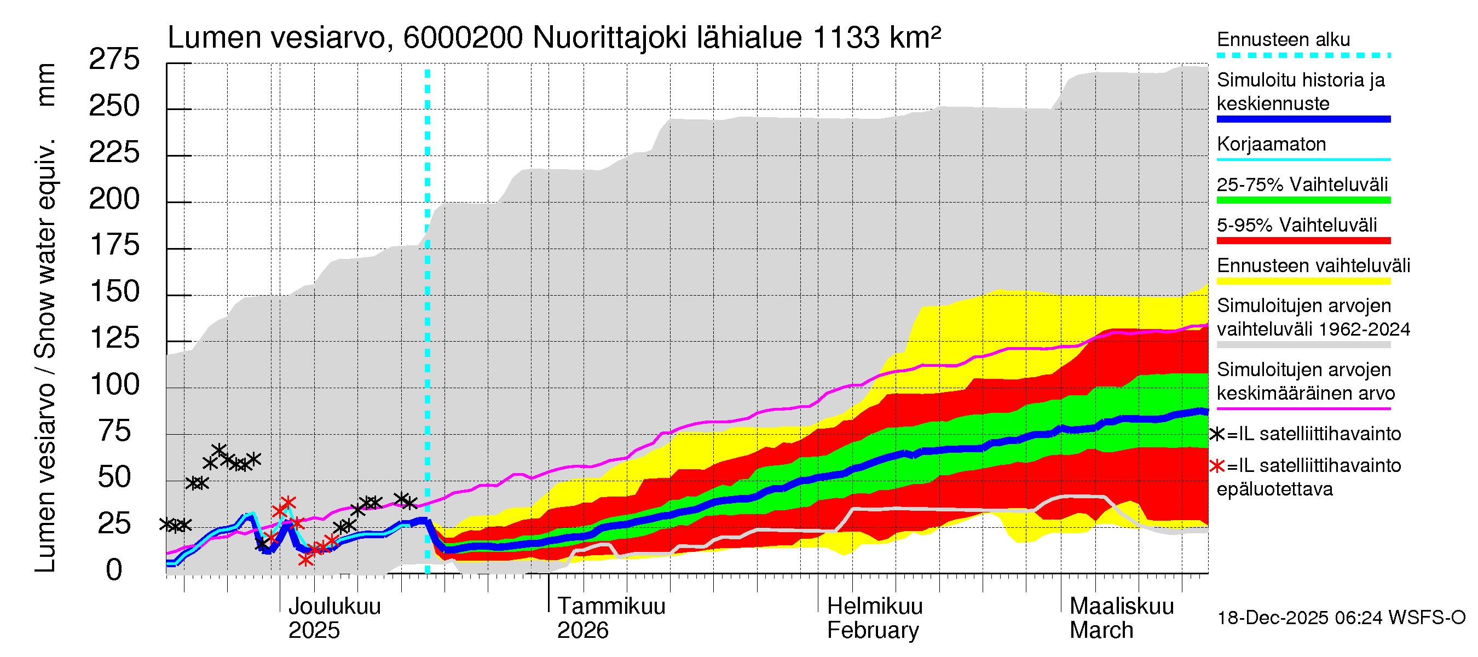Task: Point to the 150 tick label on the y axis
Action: click(x=115, y=292)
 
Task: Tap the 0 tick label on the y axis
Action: click(x=114, y=570)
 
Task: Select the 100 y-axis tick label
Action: click(x=115, y=385)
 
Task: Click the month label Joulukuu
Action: click(x=334, y=607)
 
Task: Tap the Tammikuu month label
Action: click(x=611, y=607)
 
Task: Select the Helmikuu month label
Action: click(x=874, y=607)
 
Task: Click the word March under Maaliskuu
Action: click(x=1101, y=631)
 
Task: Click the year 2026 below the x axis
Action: click(x=582, y=631)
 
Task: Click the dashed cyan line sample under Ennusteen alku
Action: click(x=1303, y=56)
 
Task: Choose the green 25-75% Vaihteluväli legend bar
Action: click(x=1303, y=200)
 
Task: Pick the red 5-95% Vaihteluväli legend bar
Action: click(x=1303, y=241)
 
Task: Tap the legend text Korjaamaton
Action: click(x=1271, y=144)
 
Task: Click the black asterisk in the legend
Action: click(x=1216, y=434)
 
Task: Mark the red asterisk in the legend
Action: click(x=1216, y=466)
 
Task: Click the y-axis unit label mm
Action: click(x=45, y=85)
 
